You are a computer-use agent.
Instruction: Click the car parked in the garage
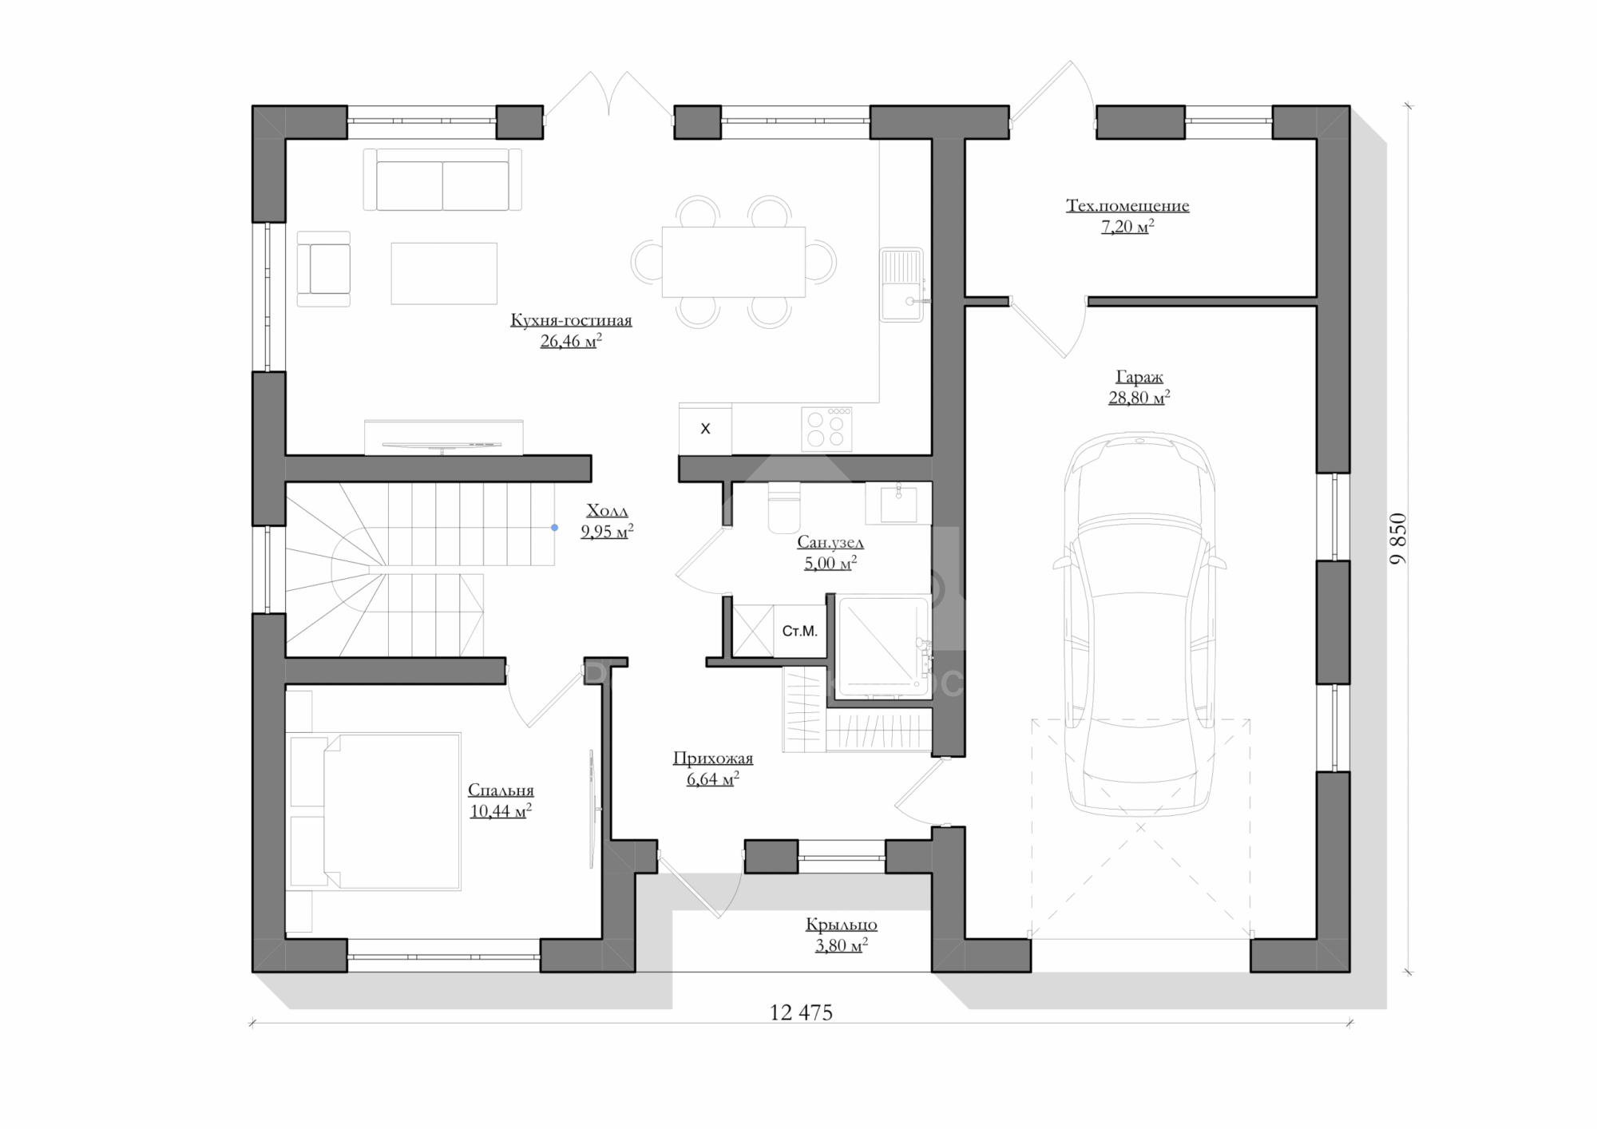click(x=1139, y=624)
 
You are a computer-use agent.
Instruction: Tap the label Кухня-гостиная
click(x=571, y=320)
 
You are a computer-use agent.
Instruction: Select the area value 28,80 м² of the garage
click(x=1139, y=397)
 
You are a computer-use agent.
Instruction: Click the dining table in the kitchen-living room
click(x=733, y=262)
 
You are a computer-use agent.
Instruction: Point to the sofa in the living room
click(x=442, y=180)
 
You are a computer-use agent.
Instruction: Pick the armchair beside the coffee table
click(x=323, y=269)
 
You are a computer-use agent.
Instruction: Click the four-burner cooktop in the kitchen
click(x=826, y=430)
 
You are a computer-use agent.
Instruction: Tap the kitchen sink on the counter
click(x=902, y=285)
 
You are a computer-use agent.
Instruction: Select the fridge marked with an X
click(x=705, y=429)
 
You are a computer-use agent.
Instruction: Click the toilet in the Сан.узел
click(x=783, y=507)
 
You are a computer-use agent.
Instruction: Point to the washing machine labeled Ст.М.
click(x=799, y=631)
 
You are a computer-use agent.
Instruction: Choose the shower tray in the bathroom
click(x=884, y=645)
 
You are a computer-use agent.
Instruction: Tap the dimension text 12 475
click(x=801, y=1012)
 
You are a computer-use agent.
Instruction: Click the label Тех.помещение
click(x=1127, y=205)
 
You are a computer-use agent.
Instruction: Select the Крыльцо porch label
click(x=842, y=925)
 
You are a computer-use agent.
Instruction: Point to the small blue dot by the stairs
click(x=554, y=527)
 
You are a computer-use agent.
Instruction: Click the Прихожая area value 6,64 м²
click(x=713, y=779)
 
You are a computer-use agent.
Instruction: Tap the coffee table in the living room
click(x=444, y=273)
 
